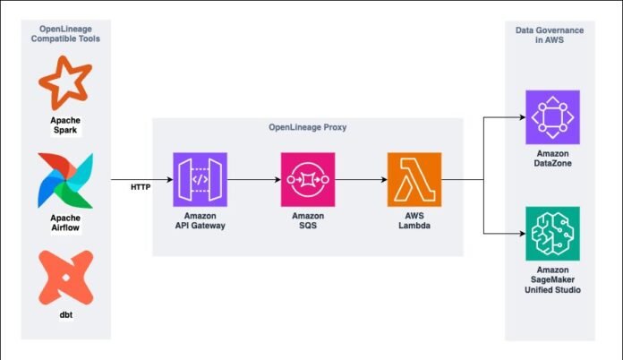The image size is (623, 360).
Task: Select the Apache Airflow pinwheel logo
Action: pyautogui.click(x=65, y=180)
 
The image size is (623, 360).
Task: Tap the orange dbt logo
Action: pyautogui.click(x=66, y=278)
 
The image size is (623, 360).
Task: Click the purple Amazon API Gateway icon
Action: pyautogui.click(x=200, y=180)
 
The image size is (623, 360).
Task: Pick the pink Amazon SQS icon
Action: pyautogui.click(x=308, y=180)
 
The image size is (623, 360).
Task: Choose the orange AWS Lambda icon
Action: pyautogui.click(x=414, y=180)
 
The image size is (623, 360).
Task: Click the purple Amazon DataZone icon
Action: pyautogui.click(x=552, y=117)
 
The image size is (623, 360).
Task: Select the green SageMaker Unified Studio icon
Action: pyautogui.click(x=552, y=234)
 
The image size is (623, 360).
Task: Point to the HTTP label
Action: pyautogui.click(x=141, y=187)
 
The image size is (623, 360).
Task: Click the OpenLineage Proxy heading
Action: pyautogui.click(x=308, y=127)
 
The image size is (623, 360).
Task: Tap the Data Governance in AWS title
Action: pyautogui.click(x=550, y=35)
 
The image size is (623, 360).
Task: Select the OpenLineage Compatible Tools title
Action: pyautogui.click(x=65, y=34)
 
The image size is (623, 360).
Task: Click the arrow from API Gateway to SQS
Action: pyautogui.click(x=254, y=180)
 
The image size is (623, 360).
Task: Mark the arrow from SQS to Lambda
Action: pyautogui.click(x=361, y=180)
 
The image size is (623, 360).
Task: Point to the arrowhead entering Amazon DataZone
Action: pyautogui.click(x=523, y=117)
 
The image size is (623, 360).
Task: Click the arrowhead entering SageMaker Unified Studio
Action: pyautogui.click(x=523, y=234)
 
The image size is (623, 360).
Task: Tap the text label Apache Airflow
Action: pyautogui.click(x=65, y=223)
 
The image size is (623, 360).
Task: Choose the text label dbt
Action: pyautogui.click(x=66, y=315)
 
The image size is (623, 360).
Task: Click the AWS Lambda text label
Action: pyautogui.click(x=414, y=220)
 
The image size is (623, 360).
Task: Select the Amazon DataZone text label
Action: pyautogui.click(x=552, y=159)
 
